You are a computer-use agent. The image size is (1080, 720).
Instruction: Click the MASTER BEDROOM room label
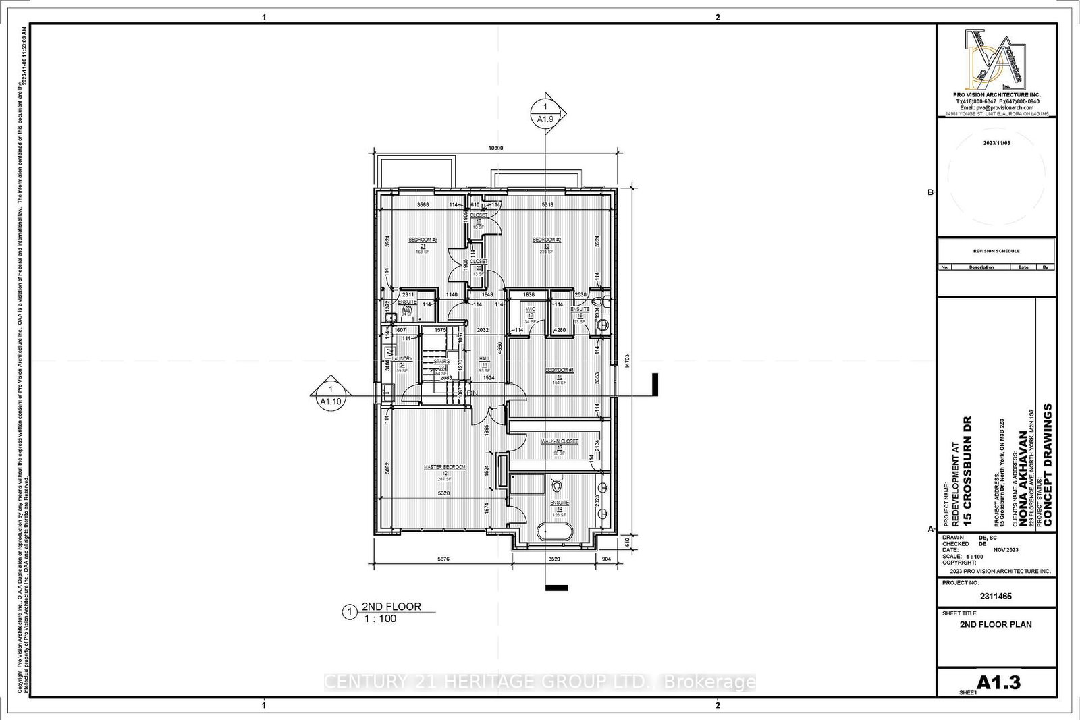tap(444, 467)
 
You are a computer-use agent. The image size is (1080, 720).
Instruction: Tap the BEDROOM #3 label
tap(423, 240)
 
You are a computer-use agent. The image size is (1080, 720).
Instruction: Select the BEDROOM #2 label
tap(547, 240)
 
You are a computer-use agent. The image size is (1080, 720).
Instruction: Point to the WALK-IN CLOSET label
tap(560, 441)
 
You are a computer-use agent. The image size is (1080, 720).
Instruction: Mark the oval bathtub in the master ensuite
tap(554, 531)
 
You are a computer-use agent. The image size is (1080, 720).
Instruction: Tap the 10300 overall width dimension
tap(495, 148)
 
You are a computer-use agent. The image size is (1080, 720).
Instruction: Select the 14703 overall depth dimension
tap(628, 362)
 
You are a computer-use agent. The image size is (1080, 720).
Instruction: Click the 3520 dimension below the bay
tap(554, 559)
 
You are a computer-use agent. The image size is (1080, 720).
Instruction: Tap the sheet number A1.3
tap(998, 683)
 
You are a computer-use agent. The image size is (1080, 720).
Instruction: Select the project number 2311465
tap(996, 597)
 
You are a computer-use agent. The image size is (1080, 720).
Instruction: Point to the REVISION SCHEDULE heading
tap(996, 251)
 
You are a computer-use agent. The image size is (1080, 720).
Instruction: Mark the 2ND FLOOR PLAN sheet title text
tap(996, 624)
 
